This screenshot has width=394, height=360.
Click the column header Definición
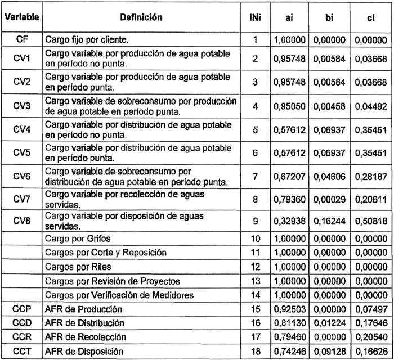tap(141, 17)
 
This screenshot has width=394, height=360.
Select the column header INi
tap(255, 17)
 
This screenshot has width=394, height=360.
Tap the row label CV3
tap(22, 105)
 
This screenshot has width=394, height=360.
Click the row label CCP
tap(22, 309)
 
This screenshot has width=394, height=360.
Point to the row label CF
tap(22, 40)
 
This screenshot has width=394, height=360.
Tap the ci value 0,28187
tap(370, 177)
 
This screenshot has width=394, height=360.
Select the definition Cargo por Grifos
tap(79, 238)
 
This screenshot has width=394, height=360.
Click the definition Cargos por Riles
tap(77, 267)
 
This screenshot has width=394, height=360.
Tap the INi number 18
tap(255, 352)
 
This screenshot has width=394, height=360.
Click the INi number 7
tap(255, 177)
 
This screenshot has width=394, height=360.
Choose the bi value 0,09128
tap(330, 352)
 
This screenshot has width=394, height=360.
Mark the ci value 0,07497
tap(370, 309)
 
